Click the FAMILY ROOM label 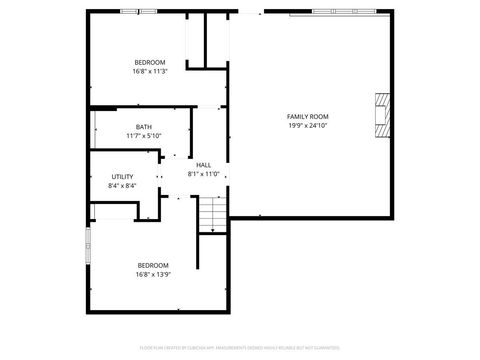[x=307, y=117]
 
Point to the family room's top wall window [x=350, y=12]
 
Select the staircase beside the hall [x=211, y=214]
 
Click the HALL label [x=203, y=165]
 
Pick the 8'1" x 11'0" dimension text [x=203, y=174]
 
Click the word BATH [x=144, y=127]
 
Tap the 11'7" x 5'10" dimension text [x=144, y=136]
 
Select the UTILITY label [x=122, y=177]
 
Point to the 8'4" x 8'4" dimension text [x=122, y=186]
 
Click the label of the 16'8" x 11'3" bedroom [x=150, y=62]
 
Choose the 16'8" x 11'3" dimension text [x=150, y=71]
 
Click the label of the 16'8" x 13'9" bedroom [x=153, y=265]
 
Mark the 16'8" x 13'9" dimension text [x=153, y=274]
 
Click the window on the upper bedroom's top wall [x=131, y=12]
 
